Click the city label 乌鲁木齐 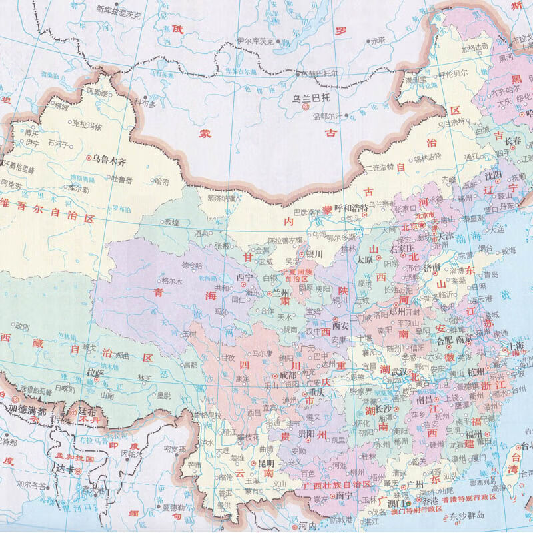tap(110, 159)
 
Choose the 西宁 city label tap(245, 277)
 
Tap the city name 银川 tap(313, 254)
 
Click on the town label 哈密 tap(162, 181)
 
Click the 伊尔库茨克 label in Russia tap(257, 41)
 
